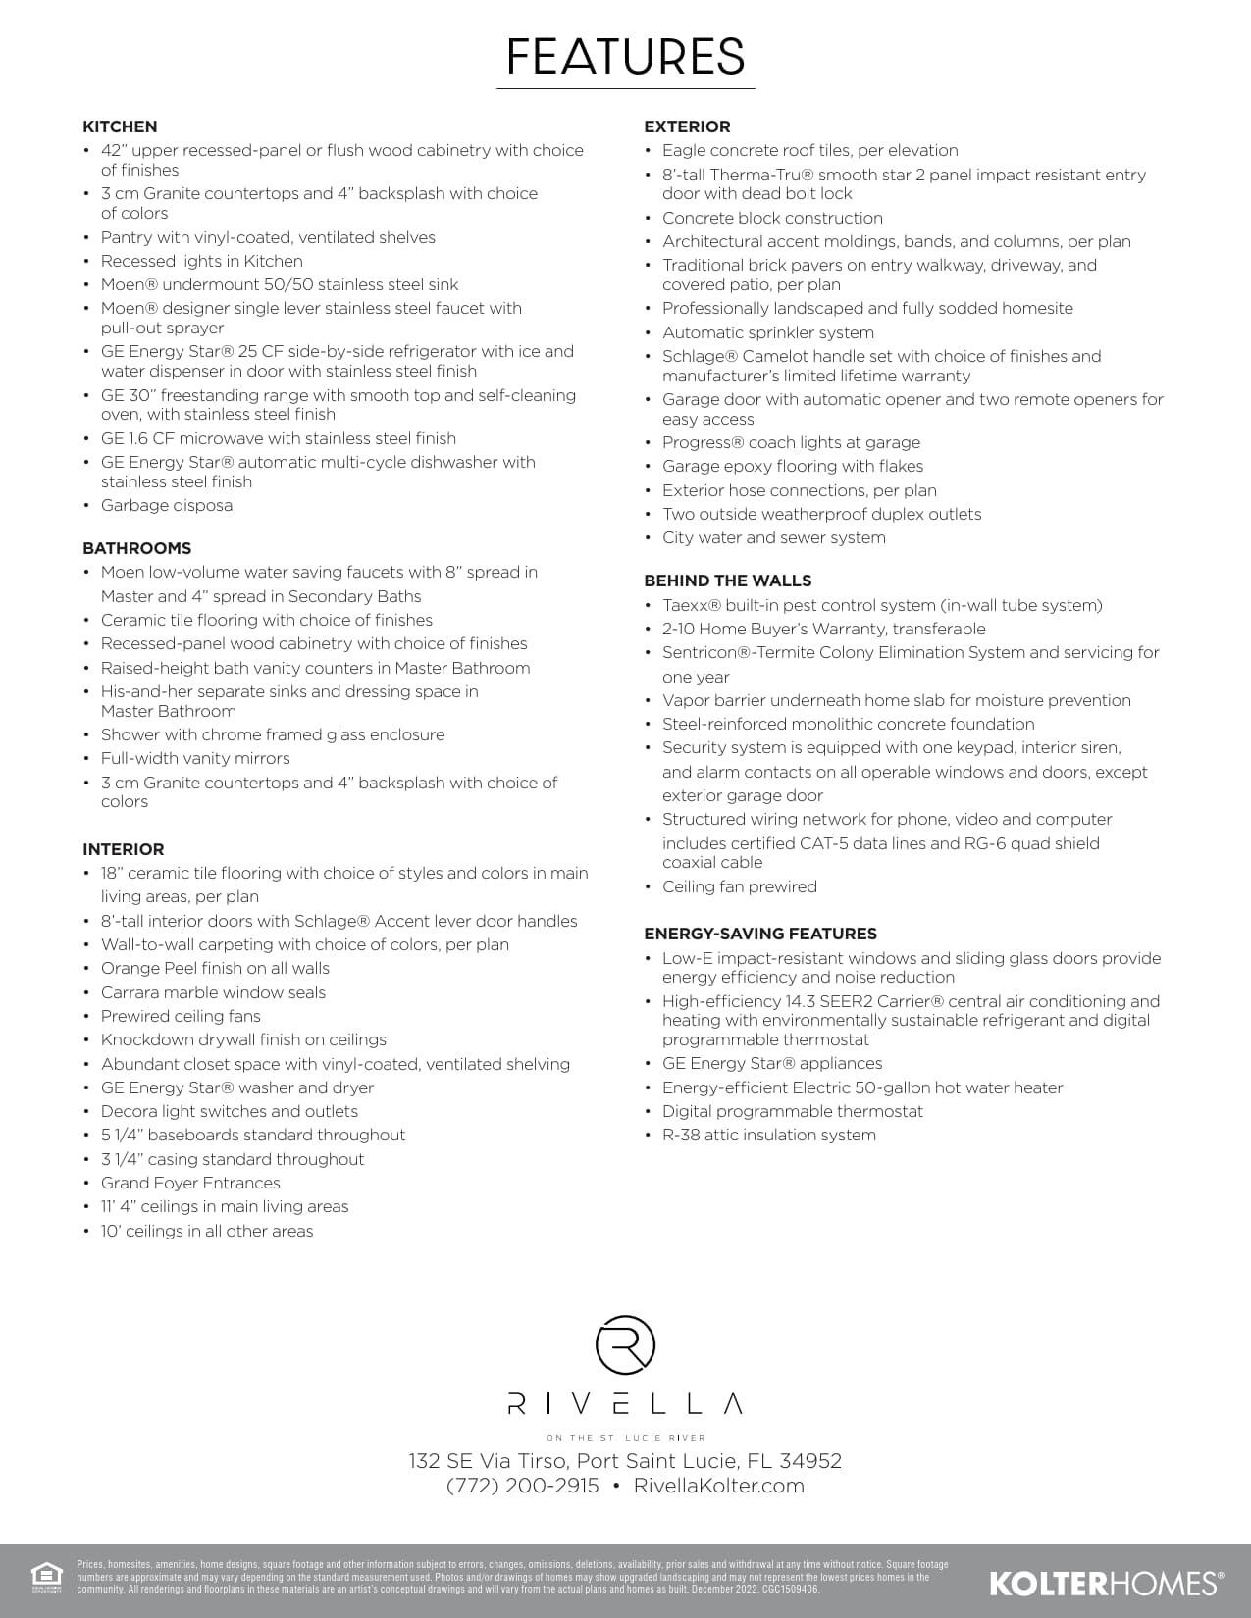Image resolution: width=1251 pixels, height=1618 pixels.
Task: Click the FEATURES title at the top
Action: pos(625,56)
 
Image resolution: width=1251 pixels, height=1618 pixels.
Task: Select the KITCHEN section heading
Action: pos(120,126)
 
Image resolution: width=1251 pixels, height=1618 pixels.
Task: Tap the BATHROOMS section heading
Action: pos(136,548)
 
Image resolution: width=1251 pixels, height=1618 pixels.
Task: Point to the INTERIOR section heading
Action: pos(123,849)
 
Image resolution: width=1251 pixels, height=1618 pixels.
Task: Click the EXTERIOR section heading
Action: pos(687,126)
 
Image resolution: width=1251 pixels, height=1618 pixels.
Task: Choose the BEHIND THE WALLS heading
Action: pos(727,581)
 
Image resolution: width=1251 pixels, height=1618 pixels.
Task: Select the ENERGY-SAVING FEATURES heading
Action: pos(759,934)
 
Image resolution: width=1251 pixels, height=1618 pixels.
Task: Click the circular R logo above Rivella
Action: pos(625,1345)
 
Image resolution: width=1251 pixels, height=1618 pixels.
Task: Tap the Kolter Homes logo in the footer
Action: pos(1106,1582)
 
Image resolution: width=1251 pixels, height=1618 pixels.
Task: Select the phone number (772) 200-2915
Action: pos(522,1486)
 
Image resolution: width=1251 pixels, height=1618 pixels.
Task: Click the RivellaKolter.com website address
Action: pos(718,1486)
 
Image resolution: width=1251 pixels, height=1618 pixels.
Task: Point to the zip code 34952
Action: pos(810,1461)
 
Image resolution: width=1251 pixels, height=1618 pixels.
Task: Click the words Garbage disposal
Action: pos(168,505)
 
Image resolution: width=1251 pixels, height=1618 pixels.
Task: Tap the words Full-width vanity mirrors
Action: pos(195,758)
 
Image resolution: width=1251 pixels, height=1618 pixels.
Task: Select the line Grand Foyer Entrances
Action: pos(190,1183)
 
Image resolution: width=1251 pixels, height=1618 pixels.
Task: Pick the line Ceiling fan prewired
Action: pos(739,886)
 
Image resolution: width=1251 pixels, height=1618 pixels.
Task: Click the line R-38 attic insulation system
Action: pos(768,1135)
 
